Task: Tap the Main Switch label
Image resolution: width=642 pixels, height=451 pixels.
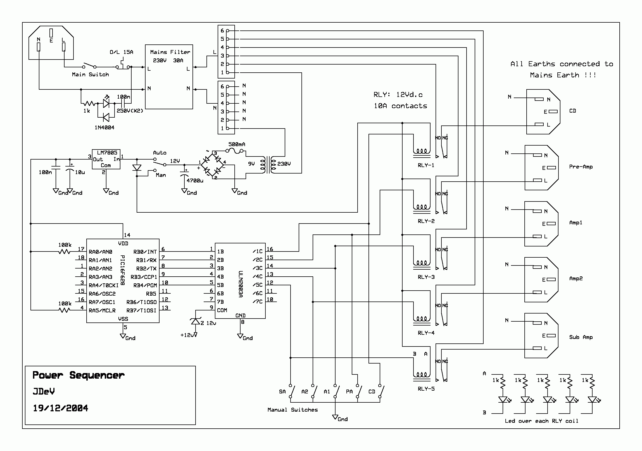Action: pyautogui.click(x=90, y=74)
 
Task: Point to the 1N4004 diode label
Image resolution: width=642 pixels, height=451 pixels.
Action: pyautogui.click(x=104, y=127)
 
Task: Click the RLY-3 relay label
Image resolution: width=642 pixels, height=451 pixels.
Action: pyautogui.click(x=426, y=277)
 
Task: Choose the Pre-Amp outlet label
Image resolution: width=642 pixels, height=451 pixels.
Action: pyautogui.click(x=581, y=167)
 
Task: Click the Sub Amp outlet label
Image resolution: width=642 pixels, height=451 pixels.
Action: pyautogui.click(x=581, y=337)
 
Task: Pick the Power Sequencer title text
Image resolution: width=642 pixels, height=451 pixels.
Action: pyautogui.click(x=79, y=375)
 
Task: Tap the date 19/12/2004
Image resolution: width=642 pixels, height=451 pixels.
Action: pyautogui.click(x=60, y=408)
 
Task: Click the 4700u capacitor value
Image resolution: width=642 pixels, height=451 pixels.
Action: pyautogui.click(x=195, y=181)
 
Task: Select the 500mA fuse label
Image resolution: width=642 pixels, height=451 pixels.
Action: pyautogui.click(x=237, y=144)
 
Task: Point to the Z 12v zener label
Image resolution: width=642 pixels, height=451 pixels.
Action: pyautogui.click(x=208, y=323)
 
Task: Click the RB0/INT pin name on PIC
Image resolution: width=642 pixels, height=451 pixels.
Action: pyautogui.click(x=145, y=252)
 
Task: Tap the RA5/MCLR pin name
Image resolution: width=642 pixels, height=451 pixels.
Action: pyautogui.click(x=102, y=310)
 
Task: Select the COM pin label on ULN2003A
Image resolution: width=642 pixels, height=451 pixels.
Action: pyautogui.click(x=222, y=310)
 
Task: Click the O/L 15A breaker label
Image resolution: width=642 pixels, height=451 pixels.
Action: pyautogui.click(x=121, y=52)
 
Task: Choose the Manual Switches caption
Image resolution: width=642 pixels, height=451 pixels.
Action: pyautogui.click(x=293, y=410)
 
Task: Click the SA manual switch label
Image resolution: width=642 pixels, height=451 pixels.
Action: pyautogui.click(x=282, y=391)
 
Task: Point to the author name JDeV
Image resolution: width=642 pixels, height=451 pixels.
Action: pyautogui.click(x=44, y=391)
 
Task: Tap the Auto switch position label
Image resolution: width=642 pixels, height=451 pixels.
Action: pyautogui.click(x=160, y=153)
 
